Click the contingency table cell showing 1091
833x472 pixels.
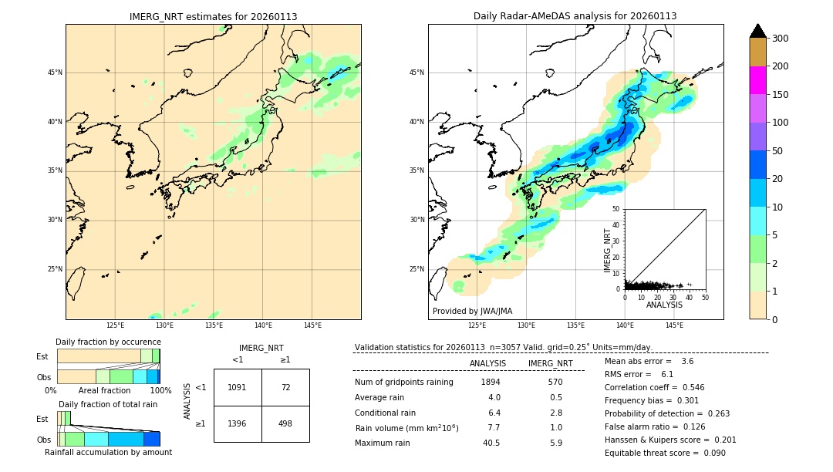pyautogui.click(x=238, y=387)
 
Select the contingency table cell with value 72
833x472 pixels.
pyautogui.click(x=285, y=387)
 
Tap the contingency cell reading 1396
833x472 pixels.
pyautogui.click(x=238, y=424)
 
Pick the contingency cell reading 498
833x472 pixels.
pyautogui.click(x=285, y=424)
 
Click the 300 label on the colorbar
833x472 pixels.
pyautogui.click(x=781, y=39)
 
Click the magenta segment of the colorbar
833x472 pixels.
pyautogui.click(x=758, y=80)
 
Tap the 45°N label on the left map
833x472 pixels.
pyautogui.click(x=55, y=72)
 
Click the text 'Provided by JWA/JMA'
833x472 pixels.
pyautogui.click(x=472, y=312)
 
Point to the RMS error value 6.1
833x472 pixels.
pyautogui.click(x=667, y=374)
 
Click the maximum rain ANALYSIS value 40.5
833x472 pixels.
pyautogui.click(x=491, y=443)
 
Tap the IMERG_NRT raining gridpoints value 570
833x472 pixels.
pyautogui.click(x=555, y=383)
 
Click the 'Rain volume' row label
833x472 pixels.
pyautogui.click(x=406, y=428)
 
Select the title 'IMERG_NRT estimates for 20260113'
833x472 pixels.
pyautogui.click(x=213, y=16)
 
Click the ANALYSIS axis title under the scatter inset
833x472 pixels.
pyautogui.click(x=664, y=305)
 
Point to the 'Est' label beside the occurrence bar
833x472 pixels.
pyautogui.click(x=42, y=356)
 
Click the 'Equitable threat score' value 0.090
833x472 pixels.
pyautogui.click(x=709, y=453)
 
